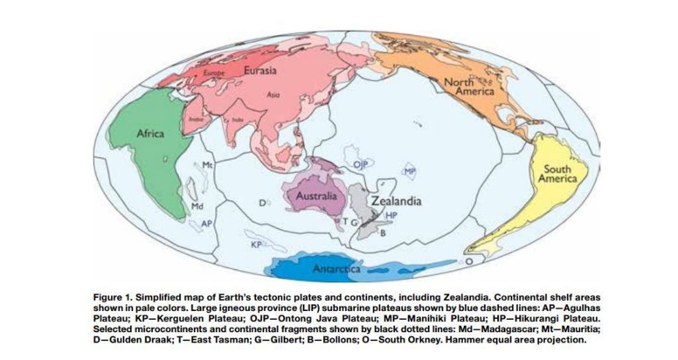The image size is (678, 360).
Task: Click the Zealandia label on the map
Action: pyautogui.click(x=396, y=200)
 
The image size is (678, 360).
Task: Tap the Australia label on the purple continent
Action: pyautogui.click(x=315, y=196)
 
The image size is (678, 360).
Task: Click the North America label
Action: pyautogui.click(x=470, y=86)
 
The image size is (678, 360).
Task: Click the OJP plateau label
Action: pyautogui.click(x=359, y=163)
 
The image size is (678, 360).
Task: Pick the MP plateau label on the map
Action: pyautogui.click(x=409, y=172)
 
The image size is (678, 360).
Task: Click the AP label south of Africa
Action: pyautogui.click(x=206, y=224)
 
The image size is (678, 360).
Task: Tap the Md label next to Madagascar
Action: pyautogui.click(x=197, y=206)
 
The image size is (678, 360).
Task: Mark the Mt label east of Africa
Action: pyautogui.click(x=208, y=164)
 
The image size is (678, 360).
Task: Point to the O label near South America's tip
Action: pyautogui.click(x=470, y=260)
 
